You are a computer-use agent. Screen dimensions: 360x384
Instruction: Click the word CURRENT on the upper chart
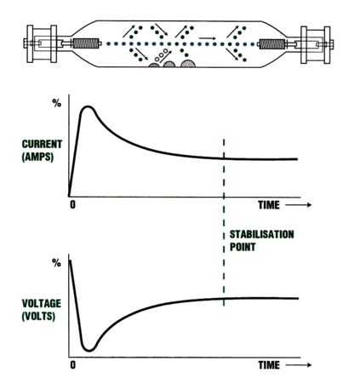(x=42, y=144)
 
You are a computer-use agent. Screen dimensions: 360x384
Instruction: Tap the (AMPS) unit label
(x=37, y=157)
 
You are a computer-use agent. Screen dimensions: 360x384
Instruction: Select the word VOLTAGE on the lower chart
(x=42, y=303)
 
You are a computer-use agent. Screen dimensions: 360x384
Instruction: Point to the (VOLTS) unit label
(x=38, y=316)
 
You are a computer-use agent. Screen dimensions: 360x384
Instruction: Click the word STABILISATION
(x=261, y=234)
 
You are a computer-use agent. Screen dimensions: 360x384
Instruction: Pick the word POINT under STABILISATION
(x=243, y=247)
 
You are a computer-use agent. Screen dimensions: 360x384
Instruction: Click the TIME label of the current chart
(x=269, y=205)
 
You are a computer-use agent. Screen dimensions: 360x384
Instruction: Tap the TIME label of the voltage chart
(x=269, y=365)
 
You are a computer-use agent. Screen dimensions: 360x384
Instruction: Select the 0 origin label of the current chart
(x=73, y=204)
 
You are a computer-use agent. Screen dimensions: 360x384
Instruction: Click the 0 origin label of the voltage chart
(x=73, y=365)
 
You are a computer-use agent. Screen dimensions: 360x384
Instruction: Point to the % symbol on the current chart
(x=57, y=103)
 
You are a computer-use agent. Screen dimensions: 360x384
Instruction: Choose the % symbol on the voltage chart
(x=57, y=263)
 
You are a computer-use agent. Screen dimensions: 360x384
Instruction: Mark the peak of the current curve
(x=89, y=107)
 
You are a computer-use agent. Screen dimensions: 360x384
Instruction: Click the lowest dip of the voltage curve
(x=89, y=350)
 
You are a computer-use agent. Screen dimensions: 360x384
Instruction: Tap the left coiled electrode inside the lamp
(x=86, y=43)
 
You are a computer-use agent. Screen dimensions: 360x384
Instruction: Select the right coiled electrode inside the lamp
(x=272, y=44)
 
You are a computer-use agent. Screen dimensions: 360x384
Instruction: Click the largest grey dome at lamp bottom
(x=188, y=64)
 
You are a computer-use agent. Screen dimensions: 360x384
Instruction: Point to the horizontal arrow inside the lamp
(x=207, y=37)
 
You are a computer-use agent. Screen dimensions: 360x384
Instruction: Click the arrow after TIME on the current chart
(x=299, y=205)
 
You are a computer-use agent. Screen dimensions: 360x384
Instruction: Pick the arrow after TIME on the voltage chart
(x=299, y=365)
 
